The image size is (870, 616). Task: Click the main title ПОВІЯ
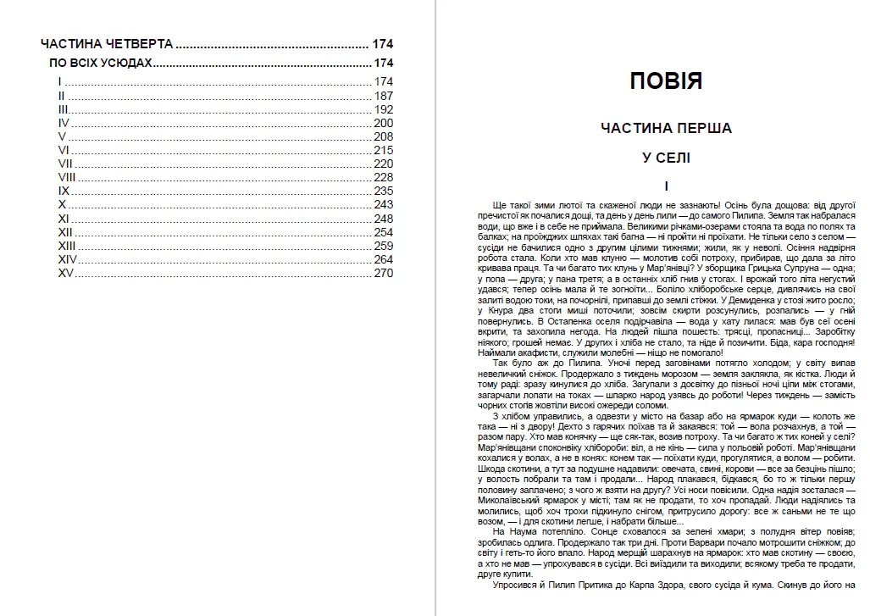pyautogui.click(x=666, y=82)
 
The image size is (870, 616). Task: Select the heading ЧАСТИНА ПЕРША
pyautogui.click(x=666, y=129)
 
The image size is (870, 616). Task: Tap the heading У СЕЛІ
pyautogui.click(x=666, y=158)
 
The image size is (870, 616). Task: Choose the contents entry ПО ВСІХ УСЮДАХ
pyautogui.click(x=101, y=64)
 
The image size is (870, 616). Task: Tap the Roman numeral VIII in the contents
pyautogui.click(x=67, y=177)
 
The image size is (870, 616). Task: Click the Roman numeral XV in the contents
pyautogui.click(x=66, y=273)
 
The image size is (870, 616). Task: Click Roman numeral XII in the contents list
pyautogui.click(x=65, y=232)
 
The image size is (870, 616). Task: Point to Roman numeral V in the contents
pyautogui.click(x=62, y=136)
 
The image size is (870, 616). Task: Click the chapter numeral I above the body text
pyautogui.click(x=667, y=186)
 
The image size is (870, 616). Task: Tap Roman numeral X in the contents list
pyautogui.click(x=62, y=205)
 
